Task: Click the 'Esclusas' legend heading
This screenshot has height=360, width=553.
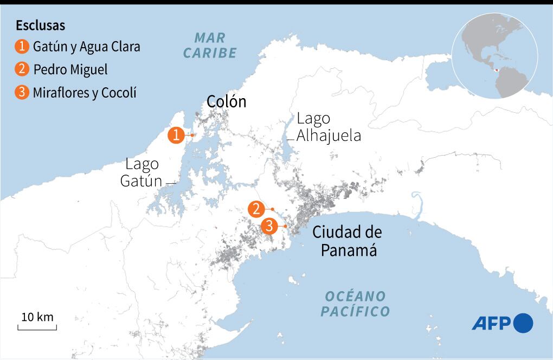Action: click(41, 25)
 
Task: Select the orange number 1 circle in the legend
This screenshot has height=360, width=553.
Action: click(22, 47)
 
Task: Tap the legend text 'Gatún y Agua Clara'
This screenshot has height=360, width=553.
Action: click(86, 47)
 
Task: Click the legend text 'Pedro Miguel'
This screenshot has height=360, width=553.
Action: click(70, 70)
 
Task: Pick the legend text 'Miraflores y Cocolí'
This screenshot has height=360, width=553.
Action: click(84, 93)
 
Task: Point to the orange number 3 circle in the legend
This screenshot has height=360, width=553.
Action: click(22, 93)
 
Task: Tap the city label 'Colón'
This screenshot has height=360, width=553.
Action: click(226, 101)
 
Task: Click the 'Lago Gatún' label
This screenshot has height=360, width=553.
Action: click(141, 172)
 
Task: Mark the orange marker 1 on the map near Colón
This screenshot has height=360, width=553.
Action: click(177, 135)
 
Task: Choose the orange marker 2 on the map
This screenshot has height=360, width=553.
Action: click(256, 209)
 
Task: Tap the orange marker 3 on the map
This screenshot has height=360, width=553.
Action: click(269, 226)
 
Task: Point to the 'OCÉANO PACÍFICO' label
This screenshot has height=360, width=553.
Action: click(355, 304)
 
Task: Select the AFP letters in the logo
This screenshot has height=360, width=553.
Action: click(491, 324)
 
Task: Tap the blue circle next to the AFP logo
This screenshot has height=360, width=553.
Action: click(523, 323)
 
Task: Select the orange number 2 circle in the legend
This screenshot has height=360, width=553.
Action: click(22, 70)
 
